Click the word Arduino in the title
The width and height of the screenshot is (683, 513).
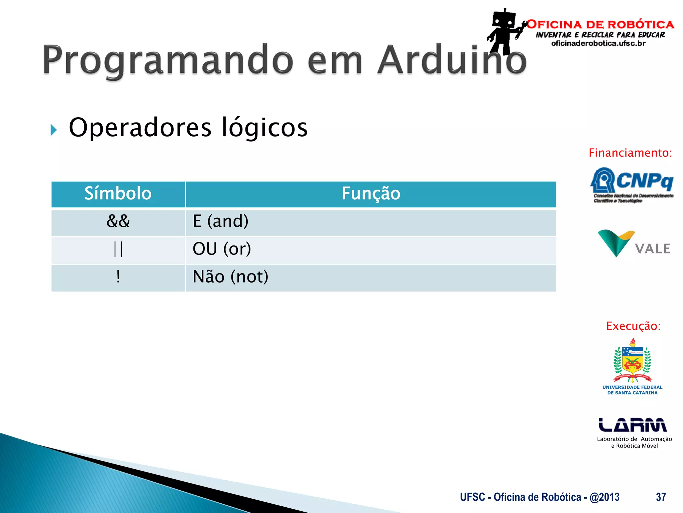452,60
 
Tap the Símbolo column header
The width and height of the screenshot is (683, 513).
118,194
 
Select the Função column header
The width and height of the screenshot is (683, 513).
371,194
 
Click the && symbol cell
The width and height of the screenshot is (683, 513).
118,221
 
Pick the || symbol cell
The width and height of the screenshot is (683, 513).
118,249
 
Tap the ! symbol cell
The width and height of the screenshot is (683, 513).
118,277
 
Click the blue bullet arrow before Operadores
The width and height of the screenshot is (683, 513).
53,130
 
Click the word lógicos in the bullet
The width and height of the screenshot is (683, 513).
264,128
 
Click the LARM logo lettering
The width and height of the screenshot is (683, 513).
633,425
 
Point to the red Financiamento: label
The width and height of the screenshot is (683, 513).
630,153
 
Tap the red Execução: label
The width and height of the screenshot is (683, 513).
633,326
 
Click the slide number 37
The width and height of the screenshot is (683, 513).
661,497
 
